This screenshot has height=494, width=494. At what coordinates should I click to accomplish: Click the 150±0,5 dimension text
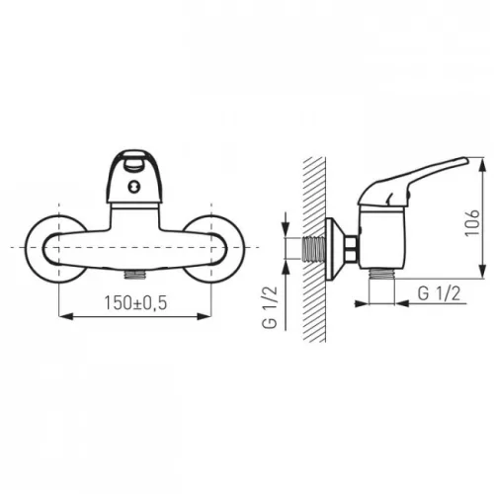click(x=135, y=302)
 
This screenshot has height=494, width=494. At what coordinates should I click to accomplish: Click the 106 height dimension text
click(x=472, y=222)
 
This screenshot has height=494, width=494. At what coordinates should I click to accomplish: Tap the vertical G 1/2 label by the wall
click(x=270, y=307)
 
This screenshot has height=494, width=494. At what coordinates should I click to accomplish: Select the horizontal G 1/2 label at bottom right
click(x=439, y=293)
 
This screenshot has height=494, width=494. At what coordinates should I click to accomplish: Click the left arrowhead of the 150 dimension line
click(x=65, y=316)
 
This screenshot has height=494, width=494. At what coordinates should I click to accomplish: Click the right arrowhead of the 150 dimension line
click(x=204, y=316)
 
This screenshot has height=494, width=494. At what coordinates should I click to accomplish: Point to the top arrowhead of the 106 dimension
click(x=483, y=165)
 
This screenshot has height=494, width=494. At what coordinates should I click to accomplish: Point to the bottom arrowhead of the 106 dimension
click(x=483, y=272)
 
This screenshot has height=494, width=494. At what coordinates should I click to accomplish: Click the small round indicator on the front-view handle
click(x=133, y=187)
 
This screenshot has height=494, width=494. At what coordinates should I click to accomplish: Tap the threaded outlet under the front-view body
click(x=134, y=275)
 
